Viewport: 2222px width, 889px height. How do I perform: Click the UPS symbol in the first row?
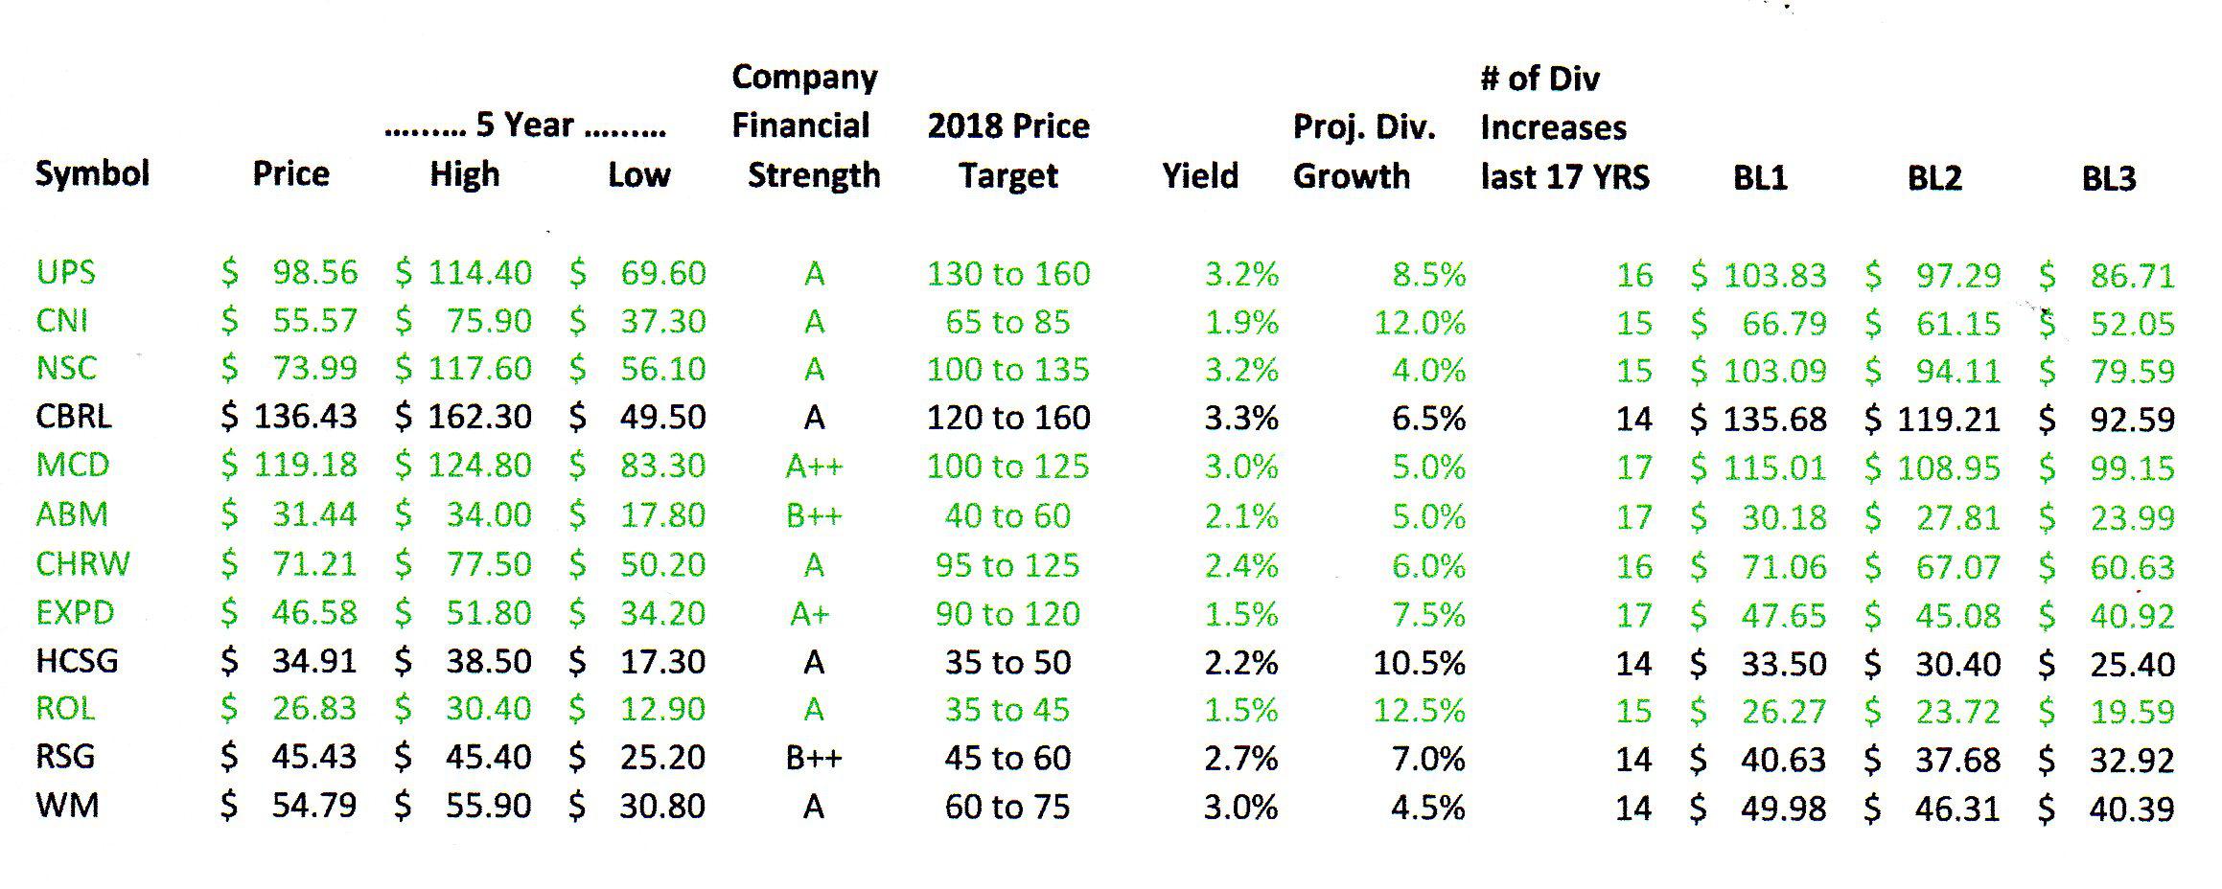point(65,273)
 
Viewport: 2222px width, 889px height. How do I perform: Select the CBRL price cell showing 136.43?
point(305,417)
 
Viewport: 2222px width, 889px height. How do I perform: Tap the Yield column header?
point(1199,176)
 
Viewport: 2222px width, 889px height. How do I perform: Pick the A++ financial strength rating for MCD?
point(814,467)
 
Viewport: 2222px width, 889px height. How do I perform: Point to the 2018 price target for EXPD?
point(1007,614)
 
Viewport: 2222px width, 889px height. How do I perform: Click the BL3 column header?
point(2108,179)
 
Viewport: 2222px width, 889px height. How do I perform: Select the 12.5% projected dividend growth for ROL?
point(1419,711)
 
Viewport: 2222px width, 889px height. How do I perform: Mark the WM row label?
point(67,806)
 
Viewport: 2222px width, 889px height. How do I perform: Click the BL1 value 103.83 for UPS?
point(1774,276)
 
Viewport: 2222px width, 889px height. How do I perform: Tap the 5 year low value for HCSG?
point(661,662)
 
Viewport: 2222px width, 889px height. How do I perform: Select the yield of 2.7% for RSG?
point(1240,759)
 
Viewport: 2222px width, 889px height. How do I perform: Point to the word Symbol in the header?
point(92,174)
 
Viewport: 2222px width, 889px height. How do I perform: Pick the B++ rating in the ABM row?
point(814,516)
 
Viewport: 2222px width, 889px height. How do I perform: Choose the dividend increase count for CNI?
point(1633,323)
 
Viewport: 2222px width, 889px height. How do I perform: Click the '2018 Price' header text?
point(1007,126)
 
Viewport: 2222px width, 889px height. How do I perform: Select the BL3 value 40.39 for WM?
point(2131,809)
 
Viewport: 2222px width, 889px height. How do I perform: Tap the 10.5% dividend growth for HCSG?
point(1419,663)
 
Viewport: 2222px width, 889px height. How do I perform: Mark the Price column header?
point(290,174)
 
